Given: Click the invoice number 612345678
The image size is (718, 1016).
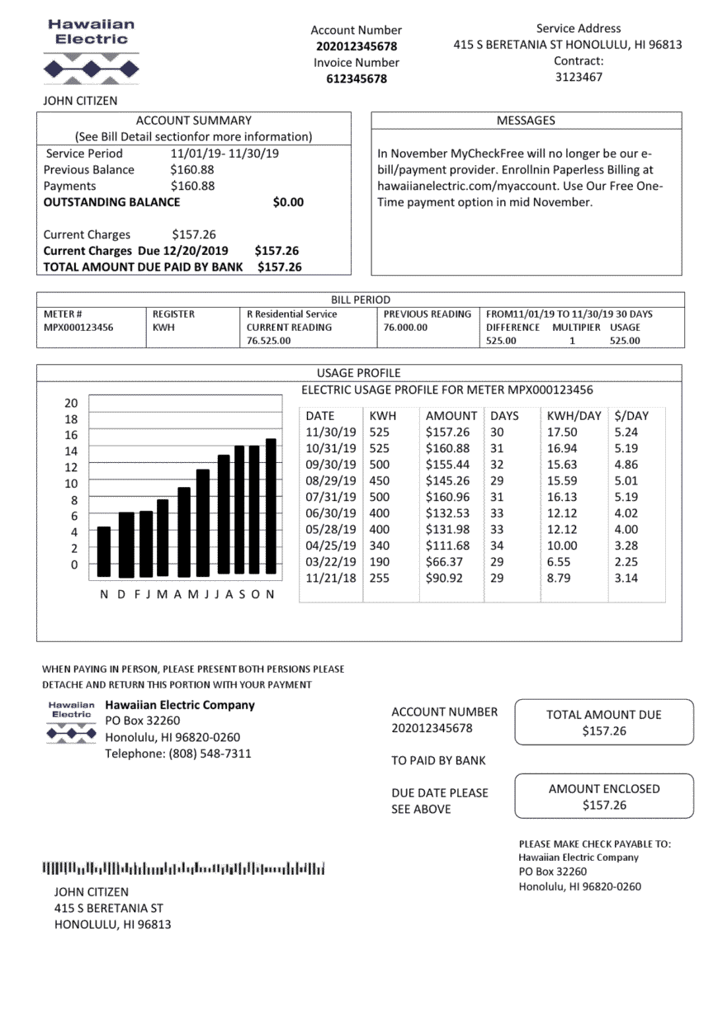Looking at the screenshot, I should pyautogui.click(x=356, y=79).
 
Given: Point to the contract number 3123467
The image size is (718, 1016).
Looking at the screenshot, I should pyautogui.click(x=578, y=77).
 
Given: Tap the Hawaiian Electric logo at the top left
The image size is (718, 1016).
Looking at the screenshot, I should pyautogui.click(x=91, y=54).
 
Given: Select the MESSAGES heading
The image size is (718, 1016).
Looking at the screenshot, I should pyautogui.click(x=526, y=121).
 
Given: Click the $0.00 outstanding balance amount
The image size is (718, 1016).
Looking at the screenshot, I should pyautogui.click(x=288, y=202).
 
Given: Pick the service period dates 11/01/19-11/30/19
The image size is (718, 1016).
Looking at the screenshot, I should pyautogui.click(x=224, y=154).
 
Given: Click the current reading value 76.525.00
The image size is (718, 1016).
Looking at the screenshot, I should pyautogui.click(x=269, y=341).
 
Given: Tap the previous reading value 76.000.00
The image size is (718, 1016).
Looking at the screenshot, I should pyautogui.click(x=406, y=328).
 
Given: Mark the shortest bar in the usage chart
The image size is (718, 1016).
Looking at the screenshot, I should pyautogui.click(x=104, y=551).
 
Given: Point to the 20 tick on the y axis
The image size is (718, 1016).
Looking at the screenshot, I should pyautogui.click(x=71, y=404).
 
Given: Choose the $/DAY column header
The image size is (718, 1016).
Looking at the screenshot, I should pyautogui.click(x=631, y=416).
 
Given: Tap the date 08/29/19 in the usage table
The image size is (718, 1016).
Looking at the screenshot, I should pyautogui.click(x=331, y=481).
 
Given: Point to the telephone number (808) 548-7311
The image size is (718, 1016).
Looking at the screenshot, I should pyautogui.click(x=177, y=754).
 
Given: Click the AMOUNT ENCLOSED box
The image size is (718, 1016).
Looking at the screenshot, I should pyautogui.click(x=604, y=797).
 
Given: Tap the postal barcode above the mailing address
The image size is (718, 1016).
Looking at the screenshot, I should pyautogui.click(x=183, y=868).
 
